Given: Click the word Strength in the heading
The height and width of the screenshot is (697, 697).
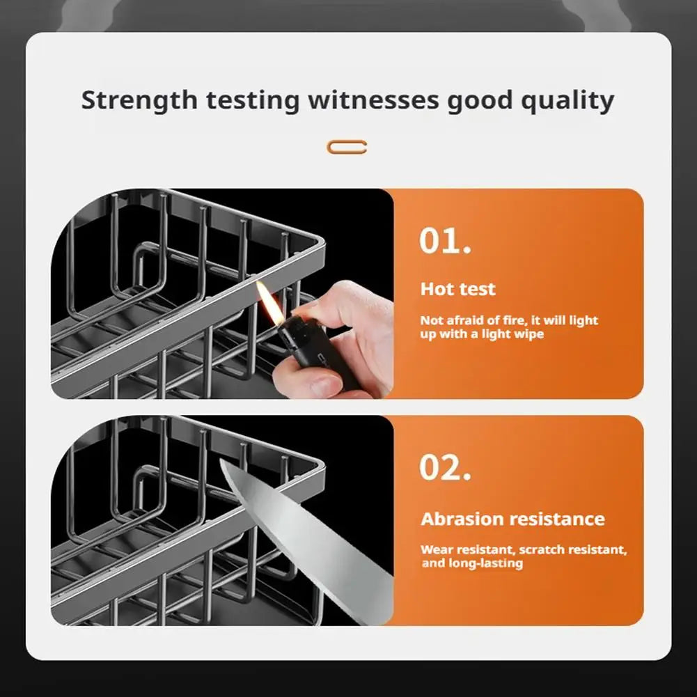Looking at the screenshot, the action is pyautogui.click(x=139, y=100).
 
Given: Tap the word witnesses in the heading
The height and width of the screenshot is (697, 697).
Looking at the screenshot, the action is pyautogui.click(x=374, y=100).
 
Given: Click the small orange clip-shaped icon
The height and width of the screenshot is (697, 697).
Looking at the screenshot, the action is pyautogui.click(x=347, y=147).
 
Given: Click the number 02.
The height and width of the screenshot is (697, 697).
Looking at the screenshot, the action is pyautogui.click(x=445, y=467).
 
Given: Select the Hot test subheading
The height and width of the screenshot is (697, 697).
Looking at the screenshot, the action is pyautogui.click(x=457, y=289).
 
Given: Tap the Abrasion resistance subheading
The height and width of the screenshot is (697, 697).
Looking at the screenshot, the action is pyautogui.click(x=512, y=519).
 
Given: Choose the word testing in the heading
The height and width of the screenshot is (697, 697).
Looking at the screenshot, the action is pyautogui.click(x=253, y=100).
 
